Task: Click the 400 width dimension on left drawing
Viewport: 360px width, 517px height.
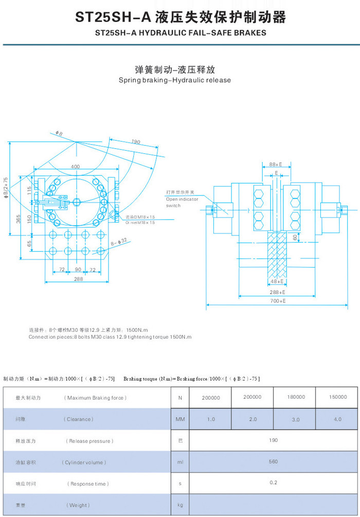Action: pyautogui.click(x=76, y=167)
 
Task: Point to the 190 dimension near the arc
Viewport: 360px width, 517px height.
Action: pyautogui.click(x=135, y=141)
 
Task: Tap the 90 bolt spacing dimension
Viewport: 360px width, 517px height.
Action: pyautogui.click(x=78, y=269)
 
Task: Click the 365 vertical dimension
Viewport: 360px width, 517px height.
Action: pyautogui.click(x=19, y=219)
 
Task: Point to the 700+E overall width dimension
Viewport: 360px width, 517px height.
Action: pyautogui.click(x=277, y=301)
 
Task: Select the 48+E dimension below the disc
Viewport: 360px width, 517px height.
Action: pyautogui.click(x=277, y=281)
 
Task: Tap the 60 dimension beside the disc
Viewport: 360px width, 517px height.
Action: pyautogui.click(x=295, y=237)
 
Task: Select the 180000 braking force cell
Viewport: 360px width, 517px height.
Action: pyautogui.click(x=296, y=397)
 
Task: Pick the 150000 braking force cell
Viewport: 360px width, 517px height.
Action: pyautogui.click(x=337, y=397)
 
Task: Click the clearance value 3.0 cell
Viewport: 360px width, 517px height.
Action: pyautogui.click(x=296, y=420)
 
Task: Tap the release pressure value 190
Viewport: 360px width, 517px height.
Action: pyautogui.click(x=273, y=440)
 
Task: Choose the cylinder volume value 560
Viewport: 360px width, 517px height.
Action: pyautogui.click(x=273, y=461)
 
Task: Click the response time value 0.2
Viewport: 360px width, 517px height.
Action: pyautogui.click(x=273, y=483)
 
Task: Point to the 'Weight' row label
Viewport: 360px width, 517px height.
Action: pyautogui.click(x=77, y=505)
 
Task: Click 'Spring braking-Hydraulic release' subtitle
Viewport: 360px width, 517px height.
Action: pyautogui.click(x=175, y=80)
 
